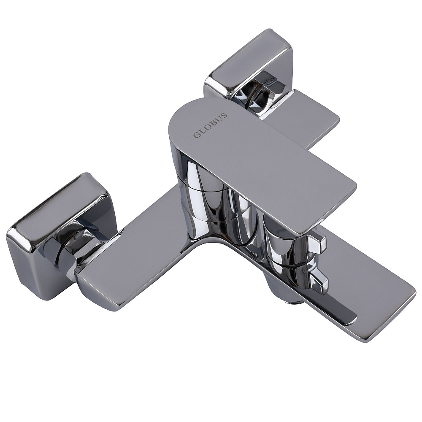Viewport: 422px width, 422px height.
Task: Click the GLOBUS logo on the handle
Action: (211, 125)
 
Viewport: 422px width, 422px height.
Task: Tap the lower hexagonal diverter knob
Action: (319, 280)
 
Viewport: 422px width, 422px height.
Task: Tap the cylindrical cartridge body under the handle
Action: (203, 198)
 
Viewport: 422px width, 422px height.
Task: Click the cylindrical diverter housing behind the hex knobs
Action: (283, 253)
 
